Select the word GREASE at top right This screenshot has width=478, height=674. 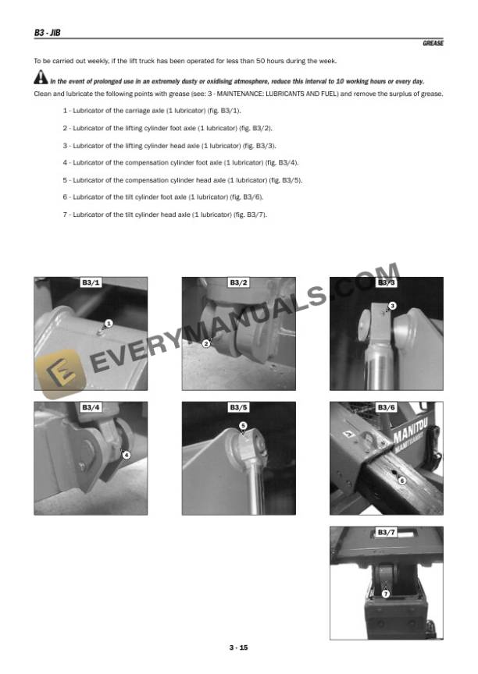coord(433,44)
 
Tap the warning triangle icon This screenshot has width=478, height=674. coord(40,79)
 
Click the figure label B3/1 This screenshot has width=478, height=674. coord(91,282)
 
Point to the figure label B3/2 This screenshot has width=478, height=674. coord(239,282)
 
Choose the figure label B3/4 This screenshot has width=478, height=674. coord(91,407)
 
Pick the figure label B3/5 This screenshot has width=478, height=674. coord(239,407)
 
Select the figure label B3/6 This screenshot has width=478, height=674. coord(387,407)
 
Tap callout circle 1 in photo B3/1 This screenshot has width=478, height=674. coord(109,322)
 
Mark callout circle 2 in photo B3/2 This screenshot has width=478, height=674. coord(206,343)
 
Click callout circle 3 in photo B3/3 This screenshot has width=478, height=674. coord(393,306)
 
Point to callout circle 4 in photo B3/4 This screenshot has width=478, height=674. coord(127,455)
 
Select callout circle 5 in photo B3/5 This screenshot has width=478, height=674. coord(243,425)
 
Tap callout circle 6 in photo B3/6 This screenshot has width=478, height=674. coord(402,481)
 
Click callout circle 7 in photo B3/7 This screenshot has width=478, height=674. coord(385,594)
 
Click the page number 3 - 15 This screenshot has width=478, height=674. coord(239,647)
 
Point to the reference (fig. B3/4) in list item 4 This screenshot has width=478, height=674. coord(278,162)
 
